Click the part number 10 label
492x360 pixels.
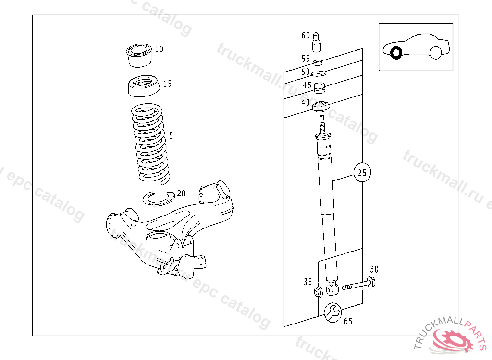(159, 49)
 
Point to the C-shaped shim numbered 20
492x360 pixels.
(159, 199)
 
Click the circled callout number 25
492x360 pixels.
(362, 172)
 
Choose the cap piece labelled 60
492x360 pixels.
(317, 42)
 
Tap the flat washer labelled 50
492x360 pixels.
(319, 74)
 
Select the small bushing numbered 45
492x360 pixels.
(320, 87)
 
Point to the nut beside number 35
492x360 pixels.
(318, 292)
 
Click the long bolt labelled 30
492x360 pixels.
(358, 284)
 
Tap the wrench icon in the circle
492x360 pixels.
(332, 312)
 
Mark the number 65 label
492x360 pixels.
(348, 321)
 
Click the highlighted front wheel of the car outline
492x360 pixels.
(396, 53)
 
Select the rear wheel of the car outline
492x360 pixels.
(435, 52)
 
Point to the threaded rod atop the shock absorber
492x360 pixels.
(322, 125)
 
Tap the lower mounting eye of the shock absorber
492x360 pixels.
(332, 288)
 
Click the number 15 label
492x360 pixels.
(167, 84)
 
